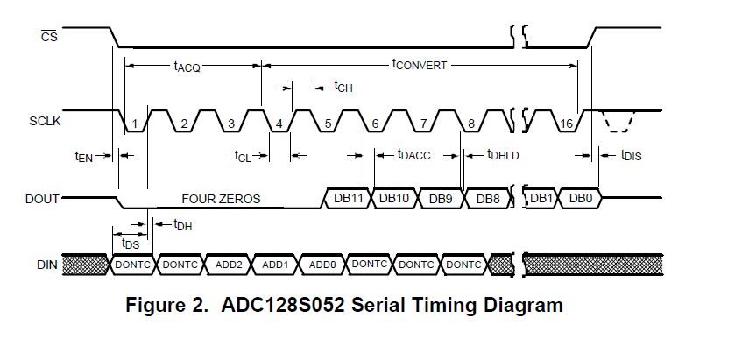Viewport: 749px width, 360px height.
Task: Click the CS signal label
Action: click(x=50, y=37)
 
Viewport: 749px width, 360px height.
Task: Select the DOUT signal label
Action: click(x=43, y=199)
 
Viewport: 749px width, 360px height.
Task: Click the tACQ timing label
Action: click(x=186, y=67)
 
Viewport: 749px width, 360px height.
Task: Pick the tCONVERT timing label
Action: click(x=420, y=65)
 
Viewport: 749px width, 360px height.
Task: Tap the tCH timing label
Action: click(x=343, y=87)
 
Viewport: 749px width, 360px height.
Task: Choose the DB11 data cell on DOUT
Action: click(x=349, y=199)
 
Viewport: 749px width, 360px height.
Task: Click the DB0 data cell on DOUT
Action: click(x=580, y=199)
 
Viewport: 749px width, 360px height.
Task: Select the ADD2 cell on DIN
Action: click(x=229, y=263)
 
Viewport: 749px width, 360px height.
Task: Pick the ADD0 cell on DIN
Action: click(x=323, y=263)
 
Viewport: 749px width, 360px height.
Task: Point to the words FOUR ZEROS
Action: click(x=221, y=199)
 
